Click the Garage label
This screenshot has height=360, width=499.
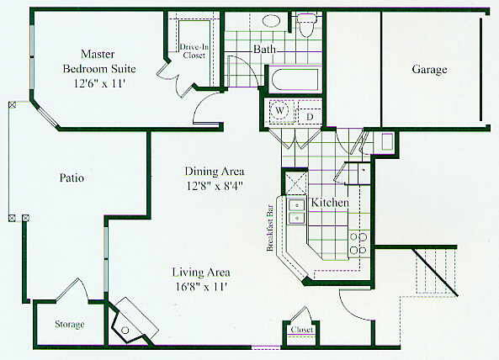coord(429,70)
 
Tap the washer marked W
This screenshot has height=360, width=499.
coord(279,110)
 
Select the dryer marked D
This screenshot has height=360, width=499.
coord(310,116)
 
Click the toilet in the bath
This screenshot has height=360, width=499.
coord(306,24)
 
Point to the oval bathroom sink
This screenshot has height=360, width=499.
coord(272,20)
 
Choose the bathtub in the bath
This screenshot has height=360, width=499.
coord(294,80)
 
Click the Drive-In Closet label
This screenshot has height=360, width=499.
coord(194,50)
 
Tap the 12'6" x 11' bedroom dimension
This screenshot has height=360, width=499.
coord(99,83)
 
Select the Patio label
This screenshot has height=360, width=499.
coord(72,177)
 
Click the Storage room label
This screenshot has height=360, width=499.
coord(70,325)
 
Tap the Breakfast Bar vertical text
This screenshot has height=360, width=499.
coord(270,228)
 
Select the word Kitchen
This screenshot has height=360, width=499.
coord(330,203)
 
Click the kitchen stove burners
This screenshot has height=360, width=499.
coord(358,244)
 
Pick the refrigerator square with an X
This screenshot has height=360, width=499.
coord(296,183)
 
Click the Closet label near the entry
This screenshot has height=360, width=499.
coord(302,330)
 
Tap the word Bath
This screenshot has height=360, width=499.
coord(264,50)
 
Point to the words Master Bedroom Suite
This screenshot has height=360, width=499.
coord(99,61)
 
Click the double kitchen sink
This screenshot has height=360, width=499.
coord(296,211)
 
